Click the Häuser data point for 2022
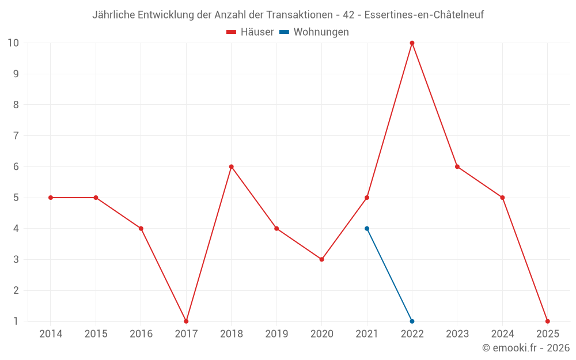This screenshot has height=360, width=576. pyautogui.click(x=412, y=43)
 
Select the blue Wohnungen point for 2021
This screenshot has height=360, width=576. pyautogui.click(x=367, y=229)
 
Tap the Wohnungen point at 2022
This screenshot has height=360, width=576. pyautogui.click(x=412, y=321)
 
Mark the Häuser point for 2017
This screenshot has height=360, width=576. pyautogui.click(x=186, y=321)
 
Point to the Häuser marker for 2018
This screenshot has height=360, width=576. pyautogui.click(x=231, y=166)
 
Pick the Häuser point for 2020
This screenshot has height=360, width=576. pyautogui.click(x=321, y=259)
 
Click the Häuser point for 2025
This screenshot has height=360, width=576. pyautogui.click(x=547, y=321)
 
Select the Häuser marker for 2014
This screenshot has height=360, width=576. pyautogui.click(x=51, y=198)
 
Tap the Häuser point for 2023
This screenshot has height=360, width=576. pyautogui.click(x=457, y=166)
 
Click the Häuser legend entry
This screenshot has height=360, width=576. pyautogui.click(x=250, y=32)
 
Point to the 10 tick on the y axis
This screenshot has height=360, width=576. pyautogui.click(x=13, y=43)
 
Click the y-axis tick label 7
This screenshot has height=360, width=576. pyautogui.click(x=16, y=136)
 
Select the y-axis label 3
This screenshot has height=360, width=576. pyautogui.click(x=16, y=259)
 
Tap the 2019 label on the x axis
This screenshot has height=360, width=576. pyautogui.click(x=276, y=334)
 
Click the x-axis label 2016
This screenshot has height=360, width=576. pyautogui.click(x=141, y=334)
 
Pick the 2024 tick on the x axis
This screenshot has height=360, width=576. pyautogui.click(x=502, y=334)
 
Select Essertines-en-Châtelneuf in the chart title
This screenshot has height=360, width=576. pyautogui.click(x=424, y=15)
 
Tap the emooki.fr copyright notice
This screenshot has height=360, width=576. pyautogui.click(x=525, y=348)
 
